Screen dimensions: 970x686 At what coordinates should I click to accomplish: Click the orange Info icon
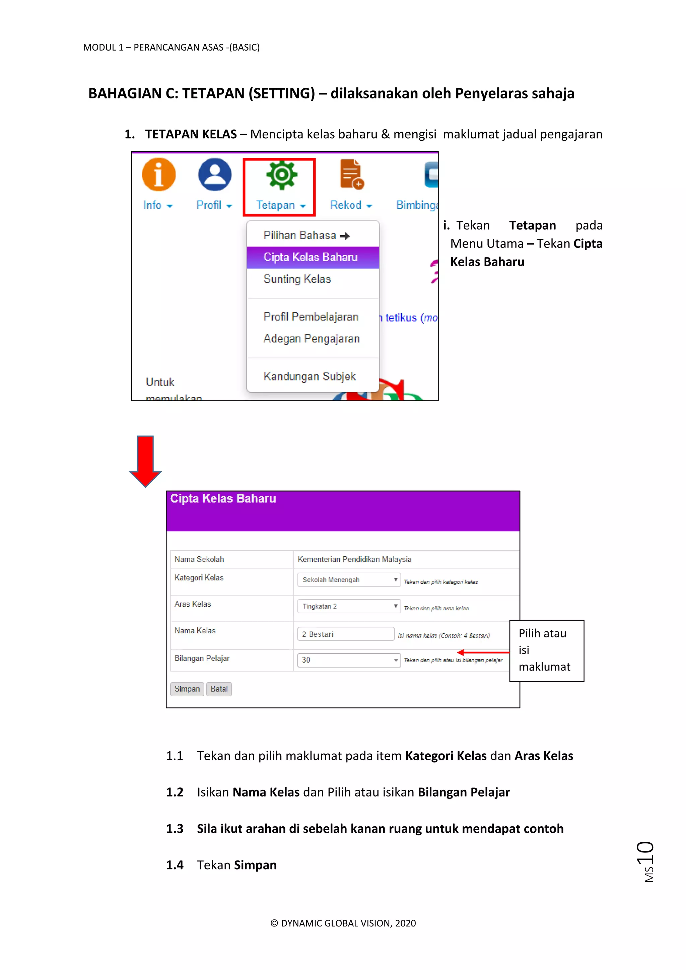coord(158,175)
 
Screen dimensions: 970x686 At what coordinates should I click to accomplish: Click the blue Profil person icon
coord(215,175)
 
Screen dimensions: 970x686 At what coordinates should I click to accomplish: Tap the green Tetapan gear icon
coord(281,175)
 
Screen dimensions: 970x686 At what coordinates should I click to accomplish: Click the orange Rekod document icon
coord(351,174)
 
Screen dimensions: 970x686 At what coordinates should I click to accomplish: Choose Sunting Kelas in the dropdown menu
coord(297,279)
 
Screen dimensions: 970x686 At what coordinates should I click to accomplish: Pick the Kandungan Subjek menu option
coord(309,376)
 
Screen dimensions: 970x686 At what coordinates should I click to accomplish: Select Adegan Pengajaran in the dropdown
coord(311,339)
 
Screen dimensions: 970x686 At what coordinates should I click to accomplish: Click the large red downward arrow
coord(145,461)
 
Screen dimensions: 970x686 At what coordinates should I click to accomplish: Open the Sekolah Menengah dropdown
coord(348,580)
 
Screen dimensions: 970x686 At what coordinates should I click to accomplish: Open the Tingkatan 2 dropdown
coord(348,606)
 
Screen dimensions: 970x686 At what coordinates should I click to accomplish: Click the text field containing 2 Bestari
coord(346,634)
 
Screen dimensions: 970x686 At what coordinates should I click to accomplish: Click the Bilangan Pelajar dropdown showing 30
coord(348,660)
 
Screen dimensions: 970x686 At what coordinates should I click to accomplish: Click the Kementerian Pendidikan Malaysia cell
coord(354,559)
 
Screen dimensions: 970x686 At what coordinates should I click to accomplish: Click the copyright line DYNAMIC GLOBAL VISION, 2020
coord(343,923)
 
